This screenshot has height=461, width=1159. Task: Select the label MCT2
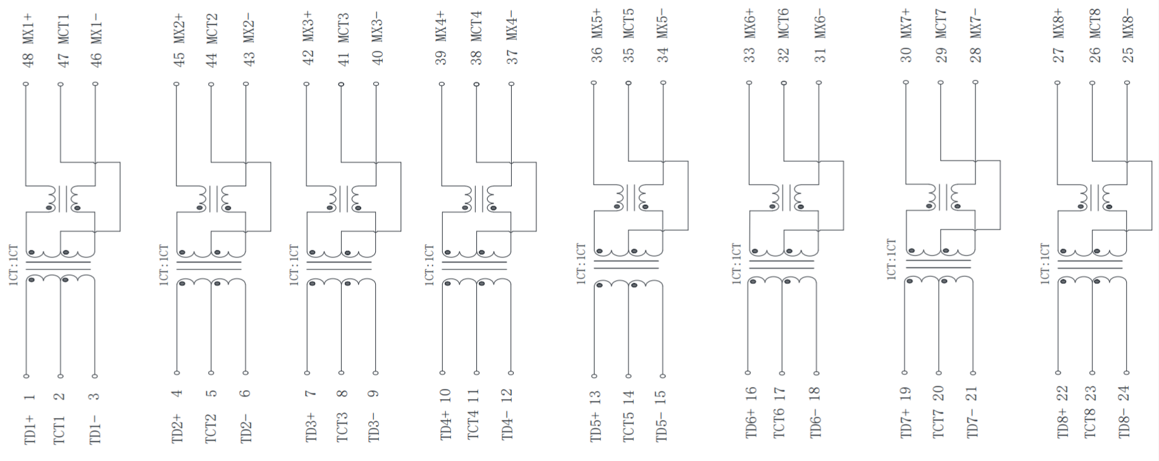[212, 28]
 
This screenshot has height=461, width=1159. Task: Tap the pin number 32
[784, 55]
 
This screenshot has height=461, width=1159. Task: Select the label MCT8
[1094, 23]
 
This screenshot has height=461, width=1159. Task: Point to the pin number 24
[1124, 393]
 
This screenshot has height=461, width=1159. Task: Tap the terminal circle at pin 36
[594, 83]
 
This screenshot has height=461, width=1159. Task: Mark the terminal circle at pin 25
[1127, 82]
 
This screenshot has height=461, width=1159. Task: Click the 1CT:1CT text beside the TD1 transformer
[13, 265]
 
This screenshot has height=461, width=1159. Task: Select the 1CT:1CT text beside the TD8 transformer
[1045, 264]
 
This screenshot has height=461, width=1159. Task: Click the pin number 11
[473, 396]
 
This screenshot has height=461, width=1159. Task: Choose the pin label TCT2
[211, 428]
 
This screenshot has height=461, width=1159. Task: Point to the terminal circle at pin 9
[376, 373]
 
